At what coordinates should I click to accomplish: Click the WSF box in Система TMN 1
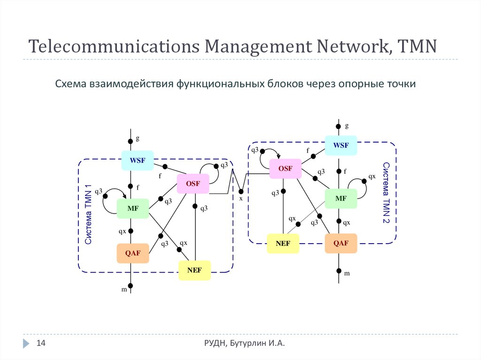138,161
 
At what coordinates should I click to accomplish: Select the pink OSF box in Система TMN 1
193,184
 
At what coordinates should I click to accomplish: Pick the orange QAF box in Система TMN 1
132,253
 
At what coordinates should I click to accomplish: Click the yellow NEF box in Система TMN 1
194,270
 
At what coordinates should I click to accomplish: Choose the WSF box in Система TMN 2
341,146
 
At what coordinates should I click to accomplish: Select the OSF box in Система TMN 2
285,169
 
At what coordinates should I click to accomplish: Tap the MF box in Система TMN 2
341,199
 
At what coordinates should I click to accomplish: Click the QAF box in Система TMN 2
341,243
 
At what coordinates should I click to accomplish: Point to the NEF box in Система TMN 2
283,244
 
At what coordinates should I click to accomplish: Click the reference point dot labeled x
240,191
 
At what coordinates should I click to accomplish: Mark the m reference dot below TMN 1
131,285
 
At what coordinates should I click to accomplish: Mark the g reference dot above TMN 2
338,126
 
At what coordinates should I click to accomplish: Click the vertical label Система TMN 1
88,214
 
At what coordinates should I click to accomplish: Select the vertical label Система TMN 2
386,192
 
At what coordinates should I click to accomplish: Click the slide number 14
41,344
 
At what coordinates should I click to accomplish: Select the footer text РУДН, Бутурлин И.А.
241,344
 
